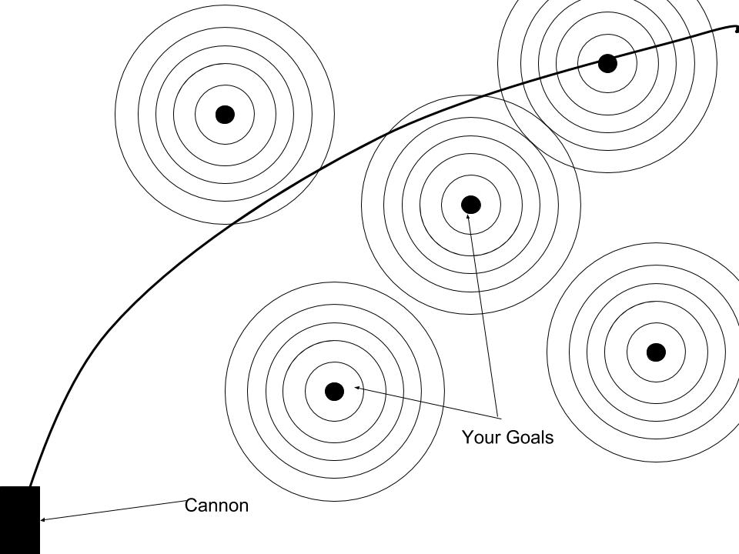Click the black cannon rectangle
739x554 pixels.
pos(20,520)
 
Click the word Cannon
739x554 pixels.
pos(216,506)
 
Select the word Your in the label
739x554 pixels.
pos(480,437)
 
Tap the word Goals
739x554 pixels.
pos(529,437)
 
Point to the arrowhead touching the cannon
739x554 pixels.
pos(43,519)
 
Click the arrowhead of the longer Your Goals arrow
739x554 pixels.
pos(468,217)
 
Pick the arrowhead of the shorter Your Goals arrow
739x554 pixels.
pos(358,388)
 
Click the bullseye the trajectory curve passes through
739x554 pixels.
pos(607,63)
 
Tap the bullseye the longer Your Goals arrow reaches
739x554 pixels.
pos(471,205)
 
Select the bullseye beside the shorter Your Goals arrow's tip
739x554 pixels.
pos(335,392)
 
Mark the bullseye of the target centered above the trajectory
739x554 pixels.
pos(225,115)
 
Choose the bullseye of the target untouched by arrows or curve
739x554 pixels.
pos(656,352)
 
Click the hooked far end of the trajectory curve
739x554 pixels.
pos(736,30)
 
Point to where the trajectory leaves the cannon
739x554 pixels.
pos(30,486)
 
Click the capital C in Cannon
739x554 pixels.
pos(191,506)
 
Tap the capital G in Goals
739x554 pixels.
pos(511,437)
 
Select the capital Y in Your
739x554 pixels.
pos(467,437)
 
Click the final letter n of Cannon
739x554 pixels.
pos(244,507)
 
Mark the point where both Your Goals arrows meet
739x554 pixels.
pos(499,419)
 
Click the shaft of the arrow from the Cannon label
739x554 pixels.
pos(112,510)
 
